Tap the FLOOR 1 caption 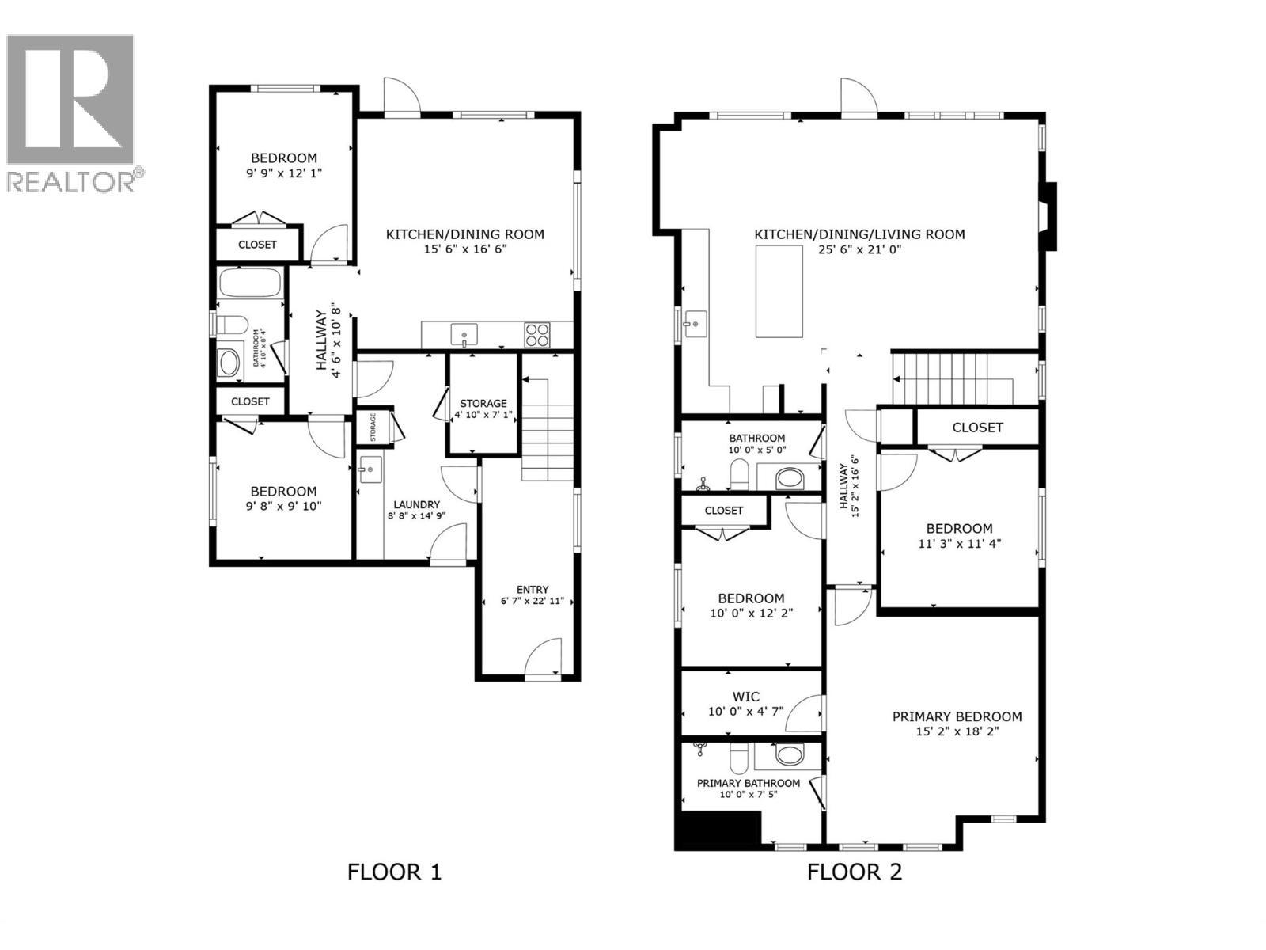394,872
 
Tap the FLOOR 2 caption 854,872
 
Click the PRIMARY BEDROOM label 957,716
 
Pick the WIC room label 745,697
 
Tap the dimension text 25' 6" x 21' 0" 859,249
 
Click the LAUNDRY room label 416,504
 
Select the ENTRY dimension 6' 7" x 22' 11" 532,601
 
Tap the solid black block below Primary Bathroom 717,830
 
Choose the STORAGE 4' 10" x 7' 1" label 483,408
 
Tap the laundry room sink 370,469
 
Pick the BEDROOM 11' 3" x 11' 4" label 959,536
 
